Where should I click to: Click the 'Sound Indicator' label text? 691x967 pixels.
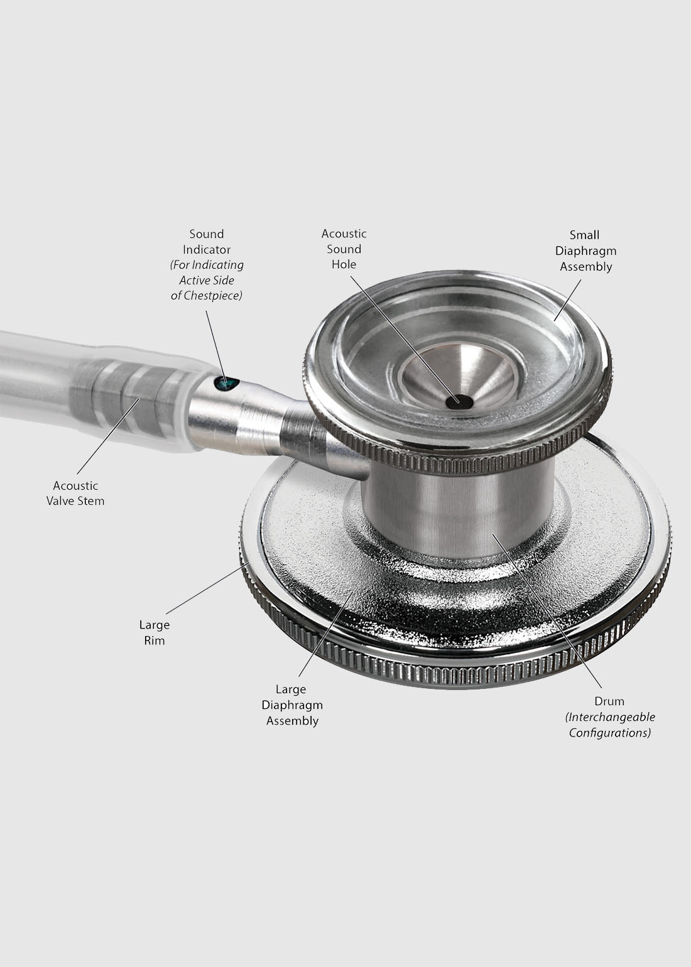(x=207, y=242)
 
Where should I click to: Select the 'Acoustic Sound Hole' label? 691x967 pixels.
(x=344, y=249)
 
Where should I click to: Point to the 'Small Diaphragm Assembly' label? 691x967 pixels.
(x=585, y=251)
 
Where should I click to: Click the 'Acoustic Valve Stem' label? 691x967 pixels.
(x=75, y=493)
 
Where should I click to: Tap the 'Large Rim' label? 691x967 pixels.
(x=154, y=632)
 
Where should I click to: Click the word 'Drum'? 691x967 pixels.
(x=609, y=701)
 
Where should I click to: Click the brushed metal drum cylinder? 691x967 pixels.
(x=458, y=509)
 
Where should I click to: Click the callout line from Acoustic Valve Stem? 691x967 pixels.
(x=108, y=436)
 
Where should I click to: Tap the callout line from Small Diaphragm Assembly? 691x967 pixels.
(x=567, y=300)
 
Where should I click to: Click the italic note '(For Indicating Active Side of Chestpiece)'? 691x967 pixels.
(x=207, y=280)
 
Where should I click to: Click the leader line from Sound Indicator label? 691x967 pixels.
(x=215, y=346)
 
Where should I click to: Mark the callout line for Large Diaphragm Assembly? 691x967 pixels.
(x=327, y=634)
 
